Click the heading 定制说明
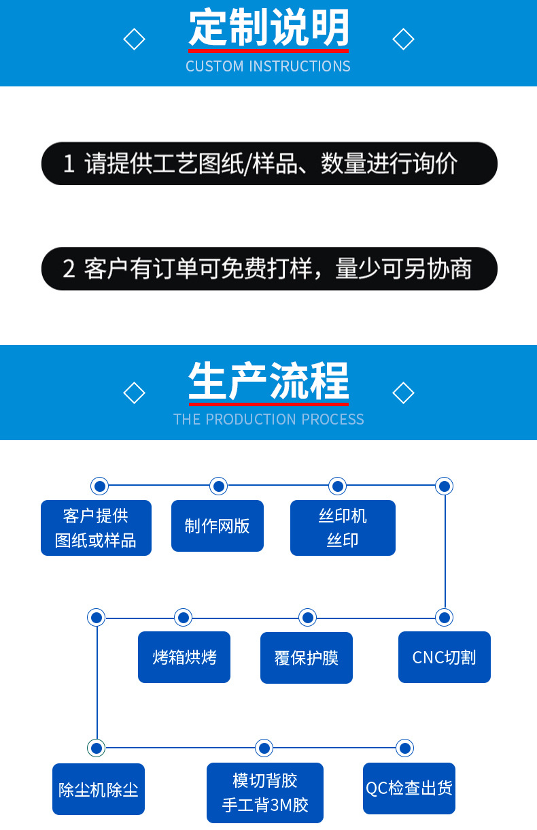coord(268,29)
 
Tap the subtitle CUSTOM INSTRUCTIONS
coord(268,66)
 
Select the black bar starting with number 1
coord(269,163)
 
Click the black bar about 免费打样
coord(269,269)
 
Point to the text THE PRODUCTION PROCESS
coord(268,419)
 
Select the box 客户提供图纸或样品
coord(96,528)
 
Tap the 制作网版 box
coord(217,526)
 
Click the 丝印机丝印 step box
coord(343,528)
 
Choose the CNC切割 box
coord(444,657)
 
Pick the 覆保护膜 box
coord(306,658)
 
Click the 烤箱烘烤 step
coord(184,657)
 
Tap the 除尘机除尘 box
coord(99,789)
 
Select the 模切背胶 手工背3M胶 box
coord(265,793)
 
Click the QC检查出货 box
coord(409,788)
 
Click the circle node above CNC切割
coord(445,618)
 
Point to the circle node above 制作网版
coord(218,486)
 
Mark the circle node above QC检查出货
coord(405,748)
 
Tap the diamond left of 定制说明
coord(135,39)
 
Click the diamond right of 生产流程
coord(403,393)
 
